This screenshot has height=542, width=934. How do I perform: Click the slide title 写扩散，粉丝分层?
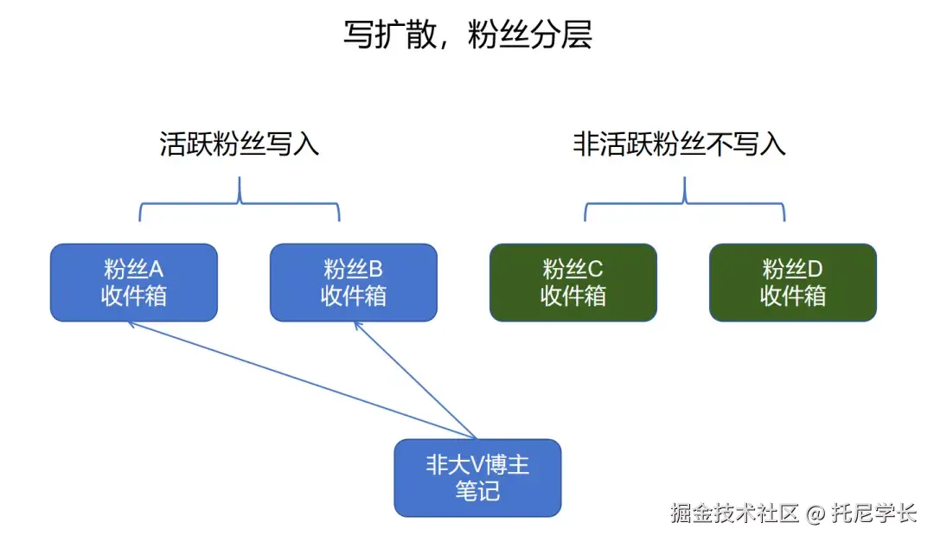[467, 37]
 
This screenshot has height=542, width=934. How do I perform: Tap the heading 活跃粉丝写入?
[240, 143]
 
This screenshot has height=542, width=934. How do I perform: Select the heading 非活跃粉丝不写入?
[679, 143]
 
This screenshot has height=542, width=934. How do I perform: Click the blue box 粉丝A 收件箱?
[133, 283]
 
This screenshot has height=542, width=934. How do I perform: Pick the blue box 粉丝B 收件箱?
[353, 283]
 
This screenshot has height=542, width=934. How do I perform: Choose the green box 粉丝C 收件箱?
[573, 283]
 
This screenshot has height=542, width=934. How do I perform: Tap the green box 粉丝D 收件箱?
[792, 283]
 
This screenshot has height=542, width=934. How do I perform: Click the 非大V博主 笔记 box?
[477, 478]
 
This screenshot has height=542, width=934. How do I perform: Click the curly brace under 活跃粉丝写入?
[240, 201]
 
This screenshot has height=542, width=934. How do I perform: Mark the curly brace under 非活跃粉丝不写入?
[684, 201]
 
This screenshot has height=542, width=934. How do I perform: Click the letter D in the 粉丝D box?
[816, 269]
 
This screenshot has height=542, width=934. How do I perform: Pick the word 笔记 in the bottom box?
[477, 492]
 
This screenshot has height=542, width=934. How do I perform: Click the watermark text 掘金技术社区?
[734, 513]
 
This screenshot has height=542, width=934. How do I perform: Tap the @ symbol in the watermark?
[816, 514]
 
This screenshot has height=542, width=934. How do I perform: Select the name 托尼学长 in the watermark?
[873, 513]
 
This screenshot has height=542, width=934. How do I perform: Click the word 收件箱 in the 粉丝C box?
[573, 297]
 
